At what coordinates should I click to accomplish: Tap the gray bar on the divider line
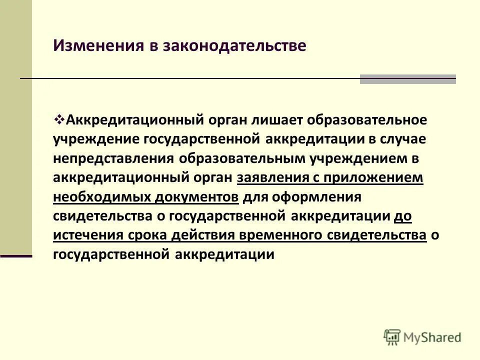click(x=407, y=79)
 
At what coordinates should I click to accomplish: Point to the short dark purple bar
click(x=16, y=256)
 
